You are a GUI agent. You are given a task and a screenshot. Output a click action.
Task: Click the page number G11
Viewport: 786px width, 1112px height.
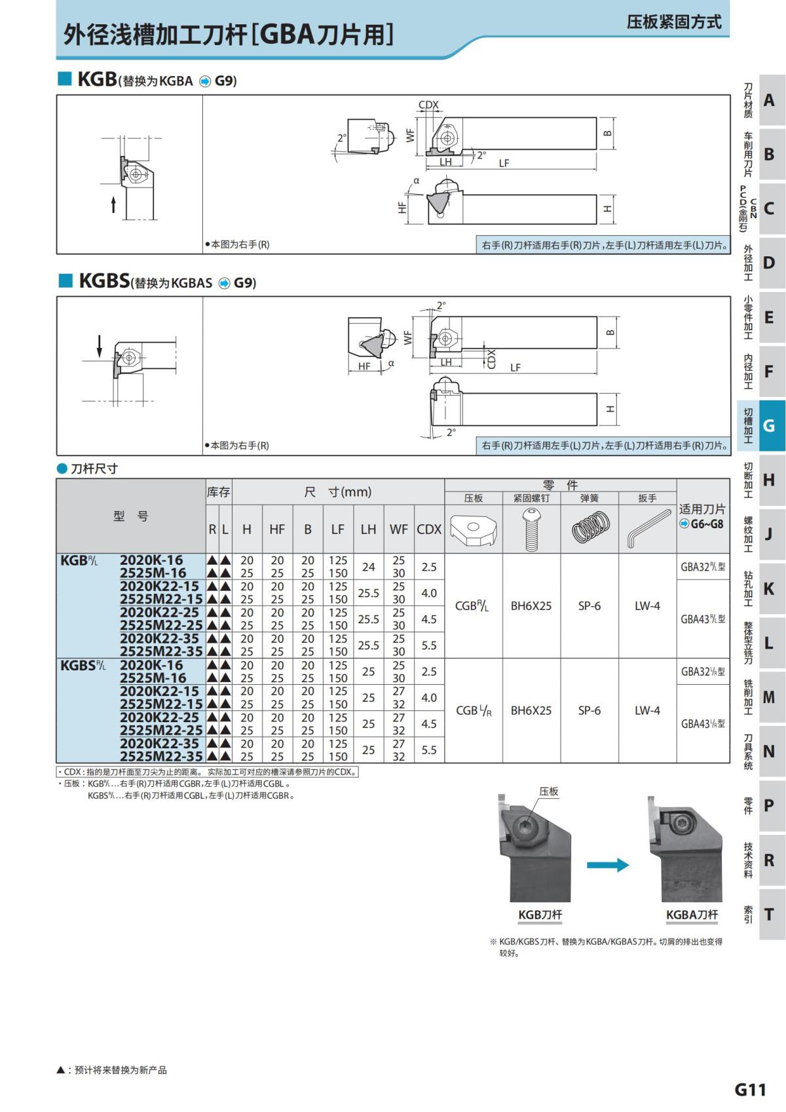point(750,1089)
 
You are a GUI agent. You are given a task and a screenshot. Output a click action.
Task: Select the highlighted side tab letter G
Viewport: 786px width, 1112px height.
point(769,426)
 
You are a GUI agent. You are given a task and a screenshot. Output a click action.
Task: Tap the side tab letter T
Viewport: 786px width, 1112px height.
point(769,914)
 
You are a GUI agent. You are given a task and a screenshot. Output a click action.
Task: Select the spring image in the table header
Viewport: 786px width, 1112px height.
point(589,527)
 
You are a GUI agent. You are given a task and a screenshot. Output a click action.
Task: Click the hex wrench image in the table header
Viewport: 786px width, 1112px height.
point(647,527)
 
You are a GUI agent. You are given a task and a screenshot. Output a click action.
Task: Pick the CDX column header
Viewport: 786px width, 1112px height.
point(429,529)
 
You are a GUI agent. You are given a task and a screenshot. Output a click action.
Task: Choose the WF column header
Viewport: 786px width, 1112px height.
point(398,529)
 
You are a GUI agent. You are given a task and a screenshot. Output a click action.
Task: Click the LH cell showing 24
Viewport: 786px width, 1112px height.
point(368,567)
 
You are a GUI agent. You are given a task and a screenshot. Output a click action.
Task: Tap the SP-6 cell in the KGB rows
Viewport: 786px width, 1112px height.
point(589,606)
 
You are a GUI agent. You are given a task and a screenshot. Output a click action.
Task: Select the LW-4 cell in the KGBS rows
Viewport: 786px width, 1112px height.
point(647,710)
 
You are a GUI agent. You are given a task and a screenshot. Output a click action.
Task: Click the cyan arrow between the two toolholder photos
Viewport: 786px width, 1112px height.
point(608,865)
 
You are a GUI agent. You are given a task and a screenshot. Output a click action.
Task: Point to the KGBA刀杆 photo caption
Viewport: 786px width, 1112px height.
point(692,915)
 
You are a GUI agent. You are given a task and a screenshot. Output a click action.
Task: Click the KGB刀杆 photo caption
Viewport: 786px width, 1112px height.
point(540,915)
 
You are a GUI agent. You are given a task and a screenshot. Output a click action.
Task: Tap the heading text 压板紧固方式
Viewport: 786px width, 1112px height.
point(674,22)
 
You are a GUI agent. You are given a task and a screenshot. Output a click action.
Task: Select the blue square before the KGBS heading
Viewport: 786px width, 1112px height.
point(65,281)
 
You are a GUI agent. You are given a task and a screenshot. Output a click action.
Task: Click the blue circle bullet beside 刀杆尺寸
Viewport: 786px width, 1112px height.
point(62,469)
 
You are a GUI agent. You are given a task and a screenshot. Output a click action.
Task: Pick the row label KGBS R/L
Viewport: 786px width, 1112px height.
point(83,665)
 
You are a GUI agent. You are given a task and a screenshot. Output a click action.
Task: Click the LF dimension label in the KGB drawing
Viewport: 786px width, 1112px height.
point(504,163)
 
